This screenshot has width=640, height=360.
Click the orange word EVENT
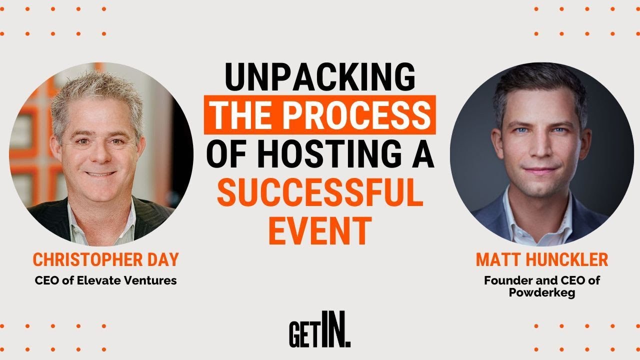pos(320,231)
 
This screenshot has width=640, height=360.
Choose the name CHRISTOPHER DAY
pos(105,260)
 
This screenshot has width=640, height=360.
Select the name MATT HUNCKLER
pos(541,260)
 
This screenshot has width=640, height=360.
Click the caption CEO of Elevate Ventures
pos(105,280)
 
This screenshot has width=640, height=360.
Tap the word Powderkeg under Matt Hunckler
pos(541,293)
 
